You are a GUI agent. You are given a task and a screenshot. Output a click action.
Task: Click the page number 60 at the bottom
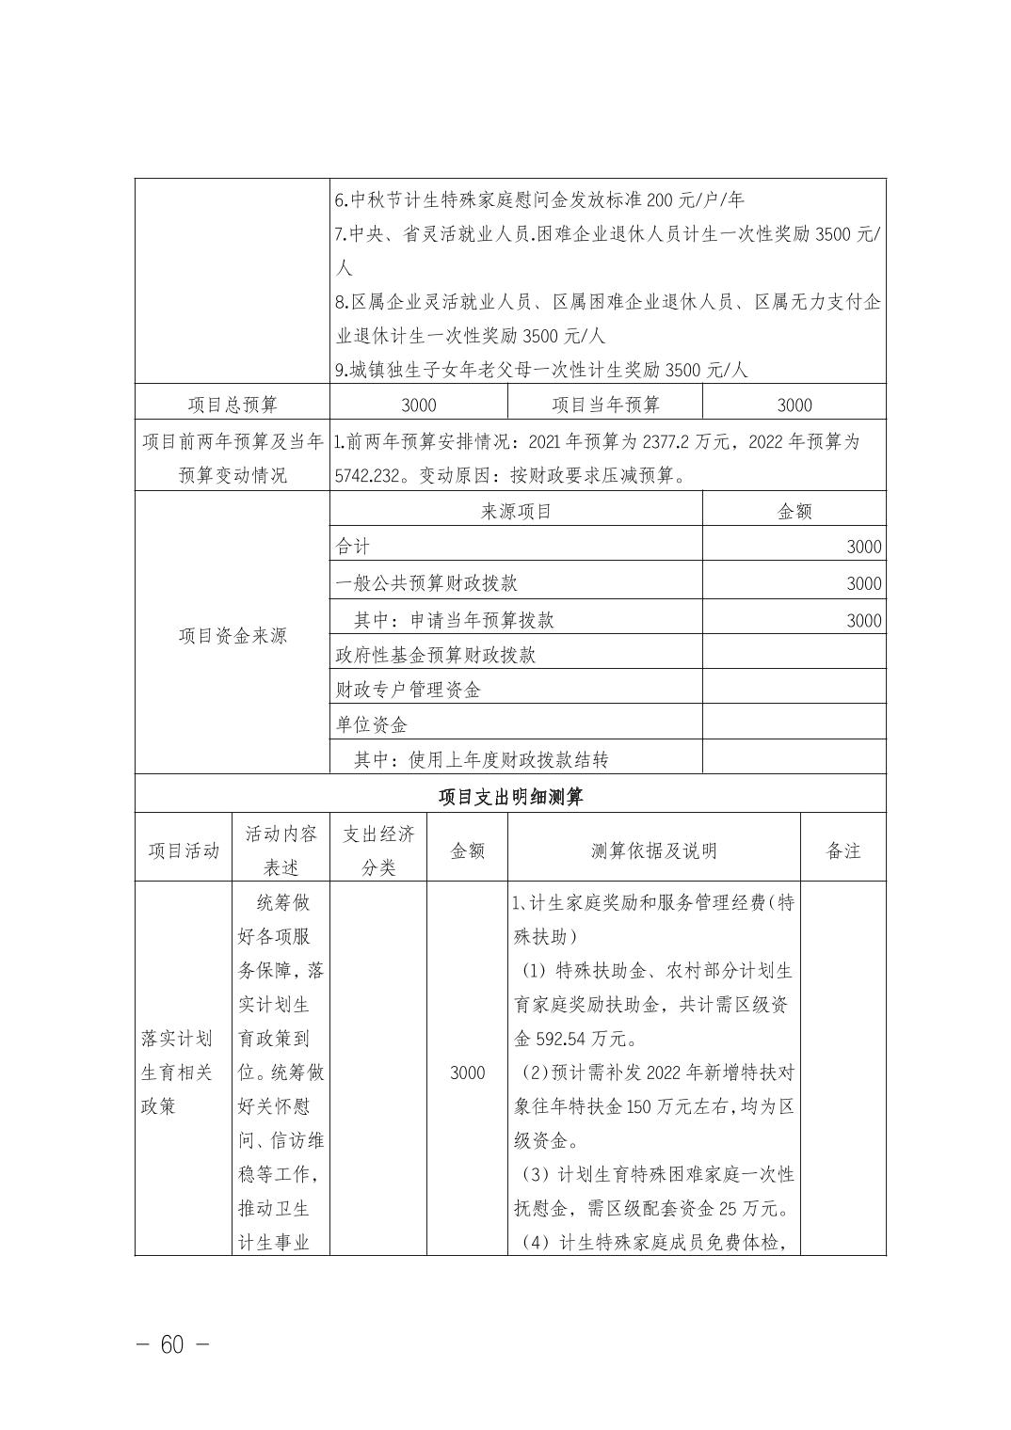tap(172, 1344)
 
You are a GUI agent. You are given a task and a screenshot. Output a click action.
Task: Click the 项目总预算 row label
tap(233, 405)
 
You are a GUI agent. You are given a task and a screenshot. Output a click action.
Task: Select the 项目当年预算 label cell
tap(605, 405)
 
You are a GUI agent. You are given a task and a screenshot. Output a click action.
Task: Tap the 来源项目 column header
tap(516, 511)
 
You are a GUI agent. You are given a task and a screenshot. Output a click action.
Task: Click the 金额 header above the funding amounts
tap(794, 511)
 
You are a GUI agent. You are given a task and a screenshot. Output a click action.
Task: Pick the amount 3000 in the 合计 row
tap(863, 547)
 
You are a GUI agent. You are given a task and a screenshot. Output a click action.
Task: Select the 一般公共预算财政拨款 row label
tap(426, 583)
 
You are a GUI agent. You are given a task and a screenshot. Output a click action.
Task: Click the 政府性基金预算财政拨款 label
tap(436, 654)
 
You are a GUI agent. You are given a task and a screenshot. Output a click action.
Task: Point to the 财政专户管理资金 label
tap(409, 690)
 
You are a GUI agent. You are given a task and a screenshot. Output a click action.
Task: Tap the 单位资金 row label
tap(372, 725)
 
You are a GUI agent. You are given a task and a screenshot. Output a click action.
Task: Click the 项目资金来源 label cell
tap(233, 636)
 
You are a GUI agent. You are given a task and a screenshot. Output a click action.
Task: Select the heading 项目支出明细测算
tap(510, 797)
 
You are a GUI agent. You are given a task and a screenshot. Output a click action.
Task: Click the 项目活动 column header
tap(184, 850)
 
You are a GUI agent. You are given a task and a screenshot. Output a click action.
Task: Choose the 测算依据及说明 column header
tap(653, 850)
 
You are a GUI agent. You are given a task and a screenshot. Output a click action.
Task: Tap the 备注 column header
tap(842, 850)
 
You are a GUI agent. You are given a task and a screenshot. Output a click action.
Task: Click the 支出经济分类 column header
tap(378, 850)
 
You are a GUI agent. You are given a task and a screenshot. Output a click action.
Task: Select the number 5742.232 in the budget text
tap(369, 476)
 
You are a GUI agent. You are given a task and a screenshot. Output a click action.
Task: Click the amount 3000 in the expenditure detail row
tap(467, 1073)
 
